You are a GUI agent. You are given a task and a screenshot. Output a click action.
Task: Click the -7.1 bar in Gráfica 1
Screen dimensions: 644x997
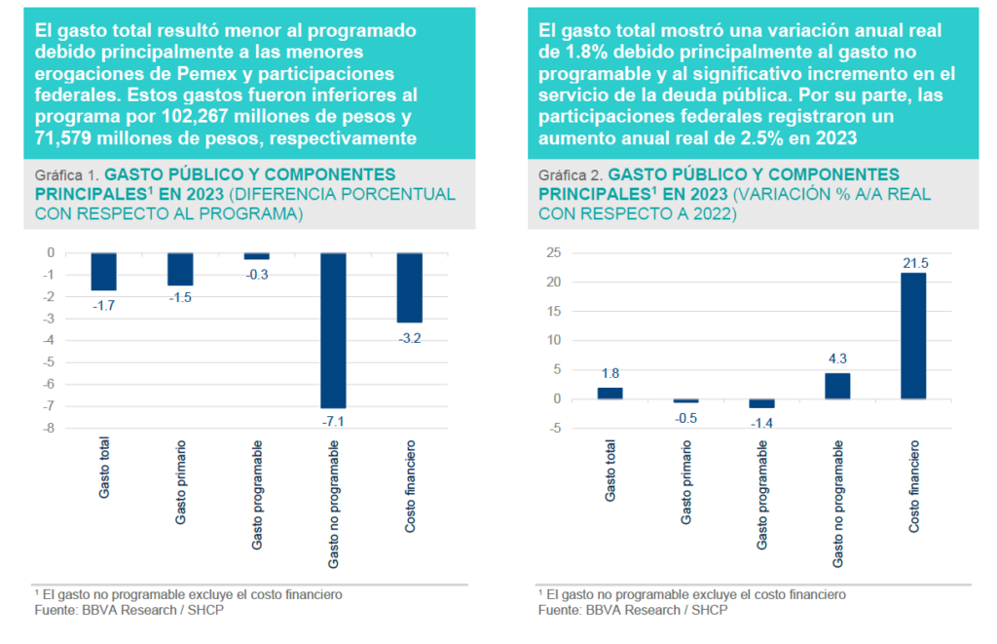tap(334, 329)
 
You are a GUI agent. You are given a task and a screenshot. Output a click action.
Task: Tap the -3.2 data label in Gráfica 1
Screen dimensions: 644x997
tap(410, 337)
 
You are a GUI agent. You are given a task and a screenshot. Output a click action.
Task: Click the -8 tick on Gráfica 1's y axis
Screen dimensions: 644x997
tap(47, 429)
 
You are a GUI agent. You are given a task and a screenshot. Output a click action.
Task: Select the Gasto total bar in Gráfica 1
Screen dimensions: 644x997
tap(104, 271)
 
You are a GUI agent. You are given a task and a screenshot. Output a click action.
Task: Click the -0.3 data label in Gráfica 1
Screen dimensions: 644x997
tap(257, 275)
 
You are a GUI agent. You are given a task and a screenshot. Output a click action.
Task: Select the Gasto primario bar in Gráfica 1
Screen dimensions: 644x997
tap(181, 269)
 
